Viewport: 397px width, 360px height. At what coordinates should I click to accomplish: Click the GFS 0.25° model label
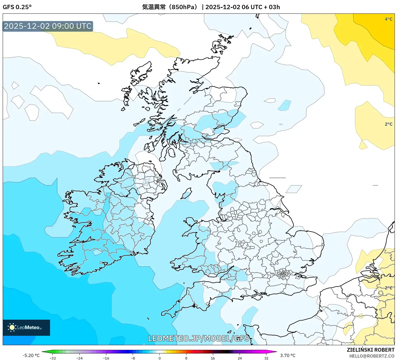click(17, 7)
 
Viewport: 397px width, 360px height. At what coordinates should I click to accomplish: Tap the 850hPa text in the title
click(184, 7)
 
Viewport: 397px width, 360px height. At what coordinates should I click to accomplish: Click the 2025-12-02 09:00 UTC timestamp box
click(48, 26)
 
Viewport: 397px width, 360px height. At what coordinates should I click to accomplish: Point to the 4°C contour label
click(388, 19)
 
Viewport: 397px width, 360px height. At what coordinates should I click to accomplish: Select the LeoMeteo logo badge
click(26, 327)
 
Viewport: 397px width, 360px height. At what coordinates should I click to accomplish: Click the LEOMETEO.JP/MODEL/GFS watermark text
click(199, 338)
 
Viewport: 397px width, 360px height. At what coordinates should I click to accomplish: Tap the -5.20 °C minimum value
click(31, 355)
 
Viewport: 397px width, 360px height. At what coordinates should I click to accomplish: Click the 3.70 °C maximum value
click(288, 355)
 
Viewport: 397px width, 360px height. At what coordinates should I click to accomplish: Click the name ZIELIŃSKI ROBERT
click(370, 350)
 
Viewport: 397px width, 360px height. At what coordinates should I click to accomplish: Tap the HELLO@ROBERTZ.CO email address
click(372, 356)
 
